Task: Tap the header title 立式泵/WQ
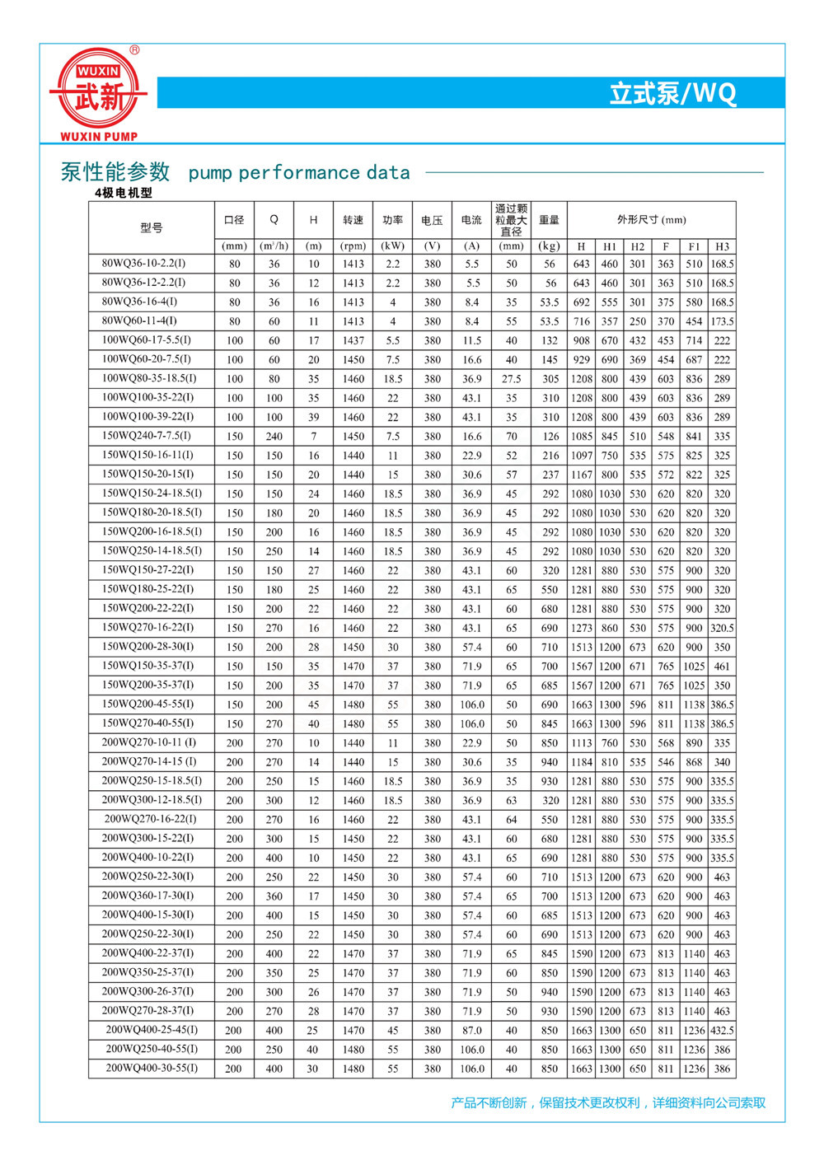click(672, 93)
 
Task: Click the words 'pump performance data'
click(299, 173)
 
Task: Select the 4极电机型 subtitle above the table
click(124, 193)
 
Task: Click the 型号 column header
click(152, 227)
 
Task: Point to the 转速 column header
click(353, 220)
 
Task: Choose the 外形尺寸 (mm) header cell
click(651, 220)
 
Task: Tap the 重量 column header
click(550, 220)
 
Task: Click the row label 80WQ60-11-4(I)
click(139, 320)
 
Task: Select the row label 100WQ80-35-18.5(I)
click(149, 378)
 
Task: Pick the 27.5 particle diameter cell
click(512, 379)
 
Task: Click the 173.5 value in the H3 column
click(722, 321)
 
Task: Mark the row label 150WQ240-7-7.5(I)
click(146, 436)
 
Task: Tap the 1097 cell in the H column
click(582, 456)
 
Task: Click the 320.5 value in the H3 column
click(722, 628)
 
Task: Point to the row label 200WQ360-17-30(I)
click(147, 896)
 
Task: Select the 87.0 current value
click(472, 1030)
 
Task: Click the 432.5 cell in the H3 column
click(722, 1030)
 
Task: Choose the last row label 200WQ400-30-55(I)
click(152, 1068)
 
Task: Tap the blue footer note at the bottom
click(608, 1102)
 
